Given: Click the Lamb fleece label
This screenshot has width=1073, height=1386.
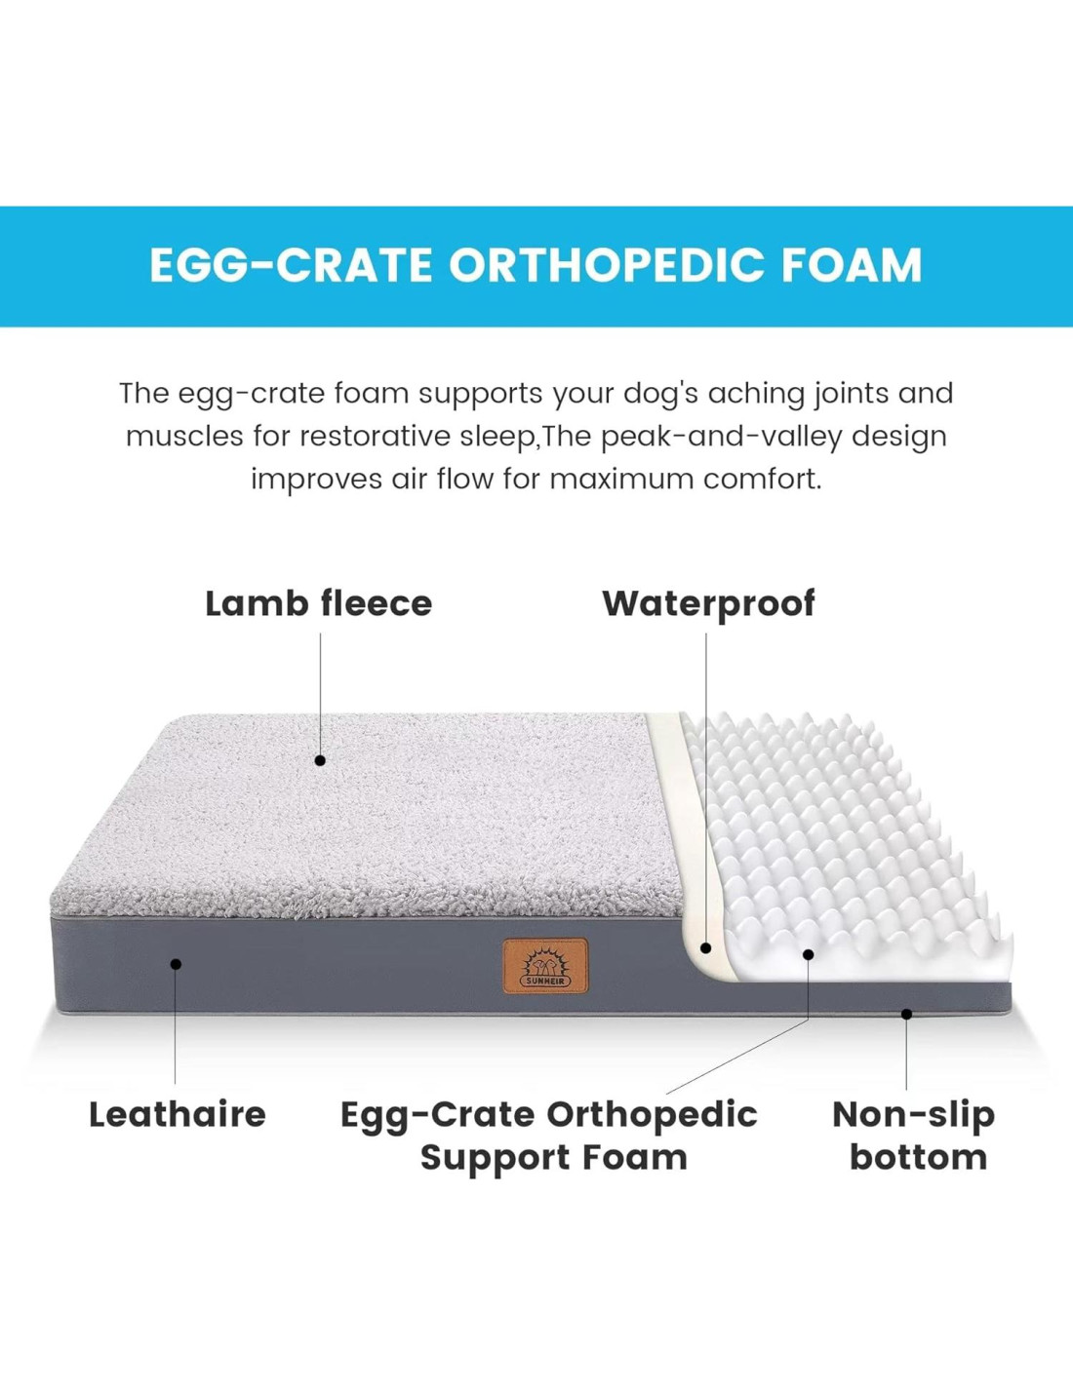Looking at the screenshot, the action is pyautogui.click(x=319, y=603).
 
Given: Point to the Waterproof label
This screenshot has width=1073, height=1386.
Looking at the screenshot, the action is pyautogui.click(x=708, y=604).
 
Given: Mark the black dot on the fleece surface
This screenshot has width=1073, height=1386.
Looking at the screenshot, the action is pyautogui.click(x=320, y=760).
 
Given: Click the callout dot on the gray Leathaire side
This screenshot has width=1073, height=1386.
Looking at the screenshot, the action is pyautogui.click(x=177, y=963).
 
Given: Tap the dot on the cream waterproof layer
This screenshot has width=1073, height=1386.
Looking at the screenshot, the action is pyautogui.click(x=705, y=947).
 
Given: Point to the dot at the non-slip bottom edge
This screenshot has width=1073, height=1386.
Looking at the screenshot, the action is pyautogui.click(x=906, y=1014).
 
